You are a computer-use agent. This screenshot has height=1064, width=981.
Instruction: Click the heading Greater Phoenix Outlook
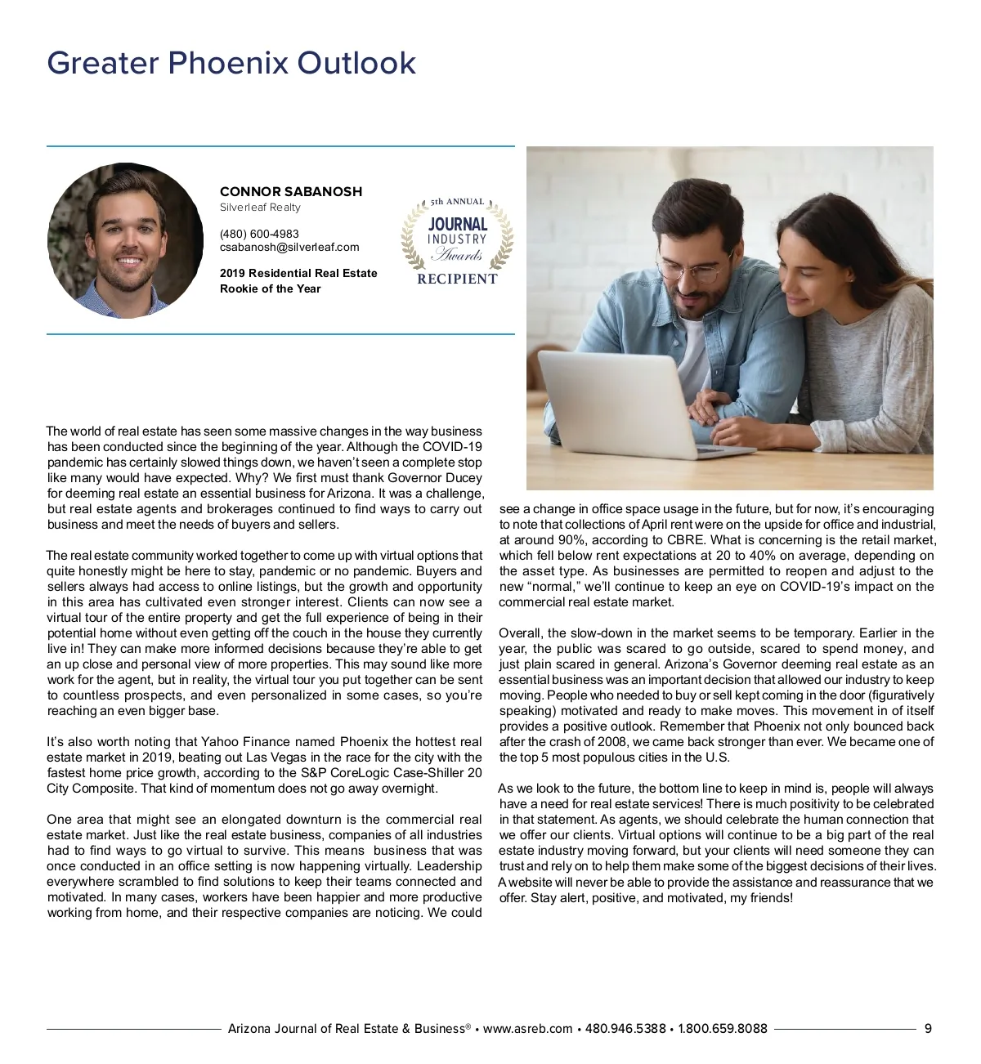click(231, 63)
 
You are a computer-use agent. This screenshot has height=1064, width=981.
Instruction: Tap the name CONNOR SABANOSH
click(290, 191)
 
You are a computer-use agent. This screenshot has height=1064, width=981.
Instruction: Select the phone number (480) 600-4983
click(259, 234)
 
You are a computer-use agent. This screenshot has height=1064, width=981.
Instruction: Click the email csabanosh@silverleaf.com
click(289, 247)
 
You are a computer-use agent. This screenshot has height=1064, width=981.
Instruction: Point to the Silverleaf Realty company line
click(260, 208)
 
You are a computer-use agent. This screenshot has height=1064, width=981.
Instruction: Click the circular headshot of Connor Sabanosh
click(126, 240)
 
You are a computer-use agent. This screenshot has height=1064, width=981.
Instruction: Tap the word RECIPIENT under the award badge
click(457, 279)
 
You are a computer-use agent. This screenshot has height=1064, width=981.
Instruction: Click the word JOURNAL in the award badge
click(458, 224)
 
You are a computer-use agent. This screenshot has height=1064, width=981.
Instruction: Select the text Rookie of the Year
click(270, 288)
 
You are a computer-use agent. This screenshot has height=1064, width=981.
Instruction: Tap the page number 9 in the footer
click(928, 1029)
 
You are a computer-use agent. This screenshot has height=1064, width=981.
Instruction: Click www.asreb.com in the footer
click(527, 1029)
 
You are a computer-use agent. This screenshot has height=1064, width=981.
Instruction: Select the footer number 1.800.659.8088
click(723, 1029)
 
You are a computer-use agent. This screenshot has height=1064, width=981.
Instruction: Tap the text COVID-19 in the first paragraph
click(452, 447)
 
